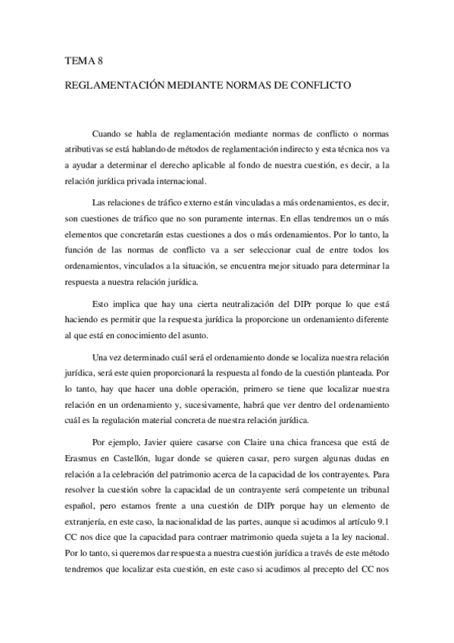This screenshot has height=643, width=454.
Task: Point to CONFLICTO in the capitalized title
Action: [320, 86]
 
